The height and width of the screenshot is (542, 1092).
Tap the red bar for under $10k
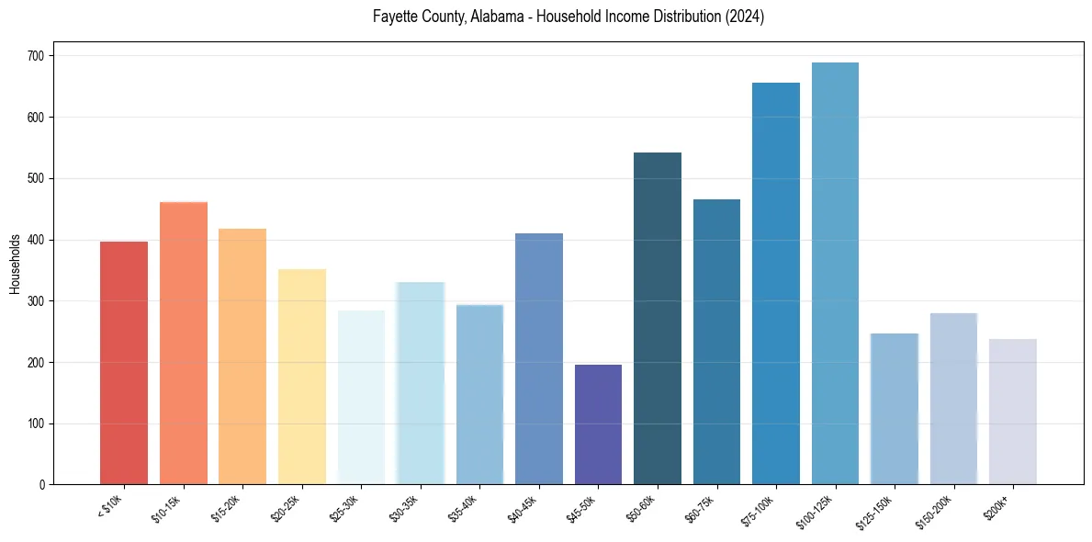tap(124, 363)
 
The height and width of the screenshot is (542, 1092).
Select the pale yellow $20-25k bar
tap(302, 377)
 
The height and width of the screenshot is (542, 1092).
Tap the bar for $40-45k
tap(539, 359)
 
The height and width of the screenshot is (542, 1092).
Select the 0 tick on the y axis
tap(43, 485)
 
